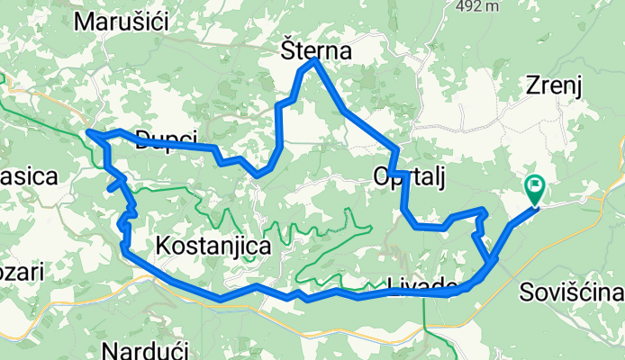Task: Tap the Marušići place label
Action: pyautogui.click(x=122, y=22)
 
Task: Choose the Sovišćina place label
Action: pyautogui.click(x=572, y=293)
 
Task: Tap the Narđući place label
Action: pyautogui.click(x=144, y=349)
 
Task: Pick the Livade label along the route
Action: pyautogui.click(x=421, y=286)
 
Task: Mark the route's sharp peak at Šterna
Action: pyautogui.click(x=312, y=61)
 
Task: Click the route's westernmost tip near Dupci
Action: pyautogui.click(x=88, y=133)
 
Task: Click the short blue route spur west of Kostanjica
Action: pyautogui.click(x=113, y=187)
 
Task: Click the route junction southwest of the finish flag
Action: pyautogui.click(x=492, y=262)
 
